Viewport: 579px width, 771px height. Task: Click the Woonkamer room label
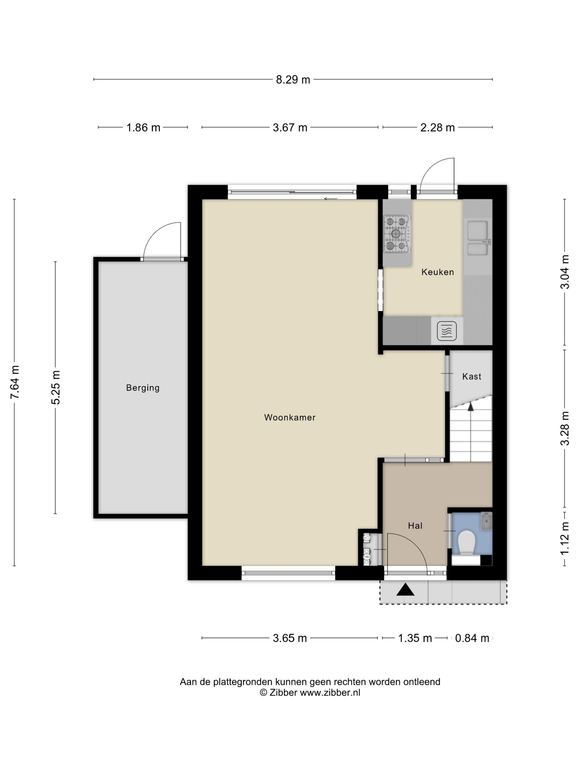point(290,417)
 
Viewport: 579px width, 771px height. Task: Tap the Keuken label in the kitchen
point(438,272)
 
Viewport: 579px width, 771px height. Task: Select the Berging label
point(143,388)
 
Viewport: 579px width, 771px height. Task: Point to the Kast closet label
point(471,376)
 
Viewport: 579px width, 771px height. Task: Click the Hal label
point(415,526)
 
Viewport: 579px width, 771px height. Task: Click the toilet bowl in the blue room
point(467,543)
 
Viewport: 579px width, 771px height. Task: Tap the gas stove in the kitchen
point(397,234)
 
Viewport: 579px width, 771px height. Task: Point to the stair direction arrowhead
point(470,406)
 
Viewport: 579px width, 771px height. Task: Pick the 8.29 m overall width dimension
point(293,80)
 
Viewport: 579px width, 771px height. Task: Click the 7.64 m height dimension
point(15,382)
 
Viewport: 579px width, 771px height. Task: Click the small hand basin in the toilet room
point(486,521)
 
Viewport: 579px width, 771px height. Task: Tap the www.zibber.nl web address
point(330,693)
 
